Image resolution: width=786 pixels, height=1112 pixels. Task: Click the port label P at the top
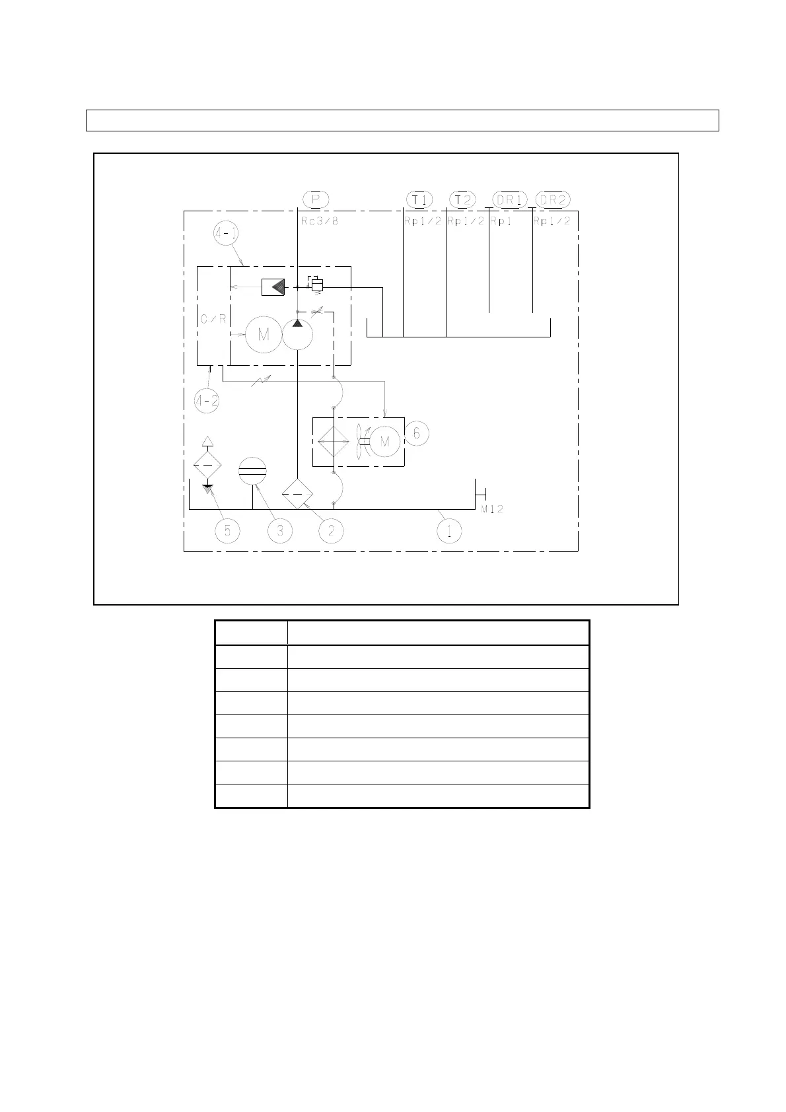point(316,199)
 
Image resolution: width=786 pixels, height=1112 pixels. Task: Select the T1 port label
point(419,199)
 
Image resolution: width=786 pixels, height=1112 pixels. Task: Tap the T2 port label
point(463,199)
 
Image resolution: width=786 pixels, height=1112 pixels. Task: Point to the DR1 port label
point(509,199)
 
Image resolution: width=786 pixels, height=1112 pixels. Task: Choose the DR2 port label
point(553,199)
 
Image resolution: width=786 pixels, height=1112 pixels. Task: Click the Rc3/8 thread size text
point(319,221)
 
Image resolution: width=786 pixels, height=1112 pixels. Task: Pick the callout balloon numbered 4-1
point(226,233)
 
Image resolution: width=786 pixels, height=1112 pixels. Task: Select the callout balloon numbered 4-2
point(207,401)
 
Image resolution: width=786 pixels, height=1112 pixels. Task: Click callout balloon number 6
point(417,433)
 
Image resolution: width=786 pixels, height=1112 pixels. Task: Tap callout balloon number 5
point(227,531)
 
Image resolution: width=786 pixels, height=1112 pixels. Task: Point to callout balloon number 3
point(280,531)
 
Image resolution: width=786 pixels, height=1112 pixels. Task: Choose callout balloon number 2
point(331,531)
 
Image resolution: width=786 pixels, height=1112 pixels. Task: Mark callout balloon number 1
point(449,531)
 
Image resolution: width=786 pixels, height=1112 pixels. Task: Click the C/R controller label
point(213,319)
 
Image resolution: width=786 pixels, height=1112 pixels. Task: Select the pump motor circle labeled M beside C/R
point(264,335)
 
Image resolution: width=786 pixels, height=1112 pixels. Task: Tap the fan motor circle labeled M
point(385,441)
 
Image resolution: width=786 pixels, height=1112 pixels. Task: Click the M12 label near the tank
point(492,509)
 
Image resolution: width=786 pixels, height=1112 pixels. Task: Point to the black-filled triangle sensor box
point(273,287)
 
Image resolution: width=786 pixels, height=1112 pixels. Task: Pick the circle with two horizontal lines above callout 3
point(253,471)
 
